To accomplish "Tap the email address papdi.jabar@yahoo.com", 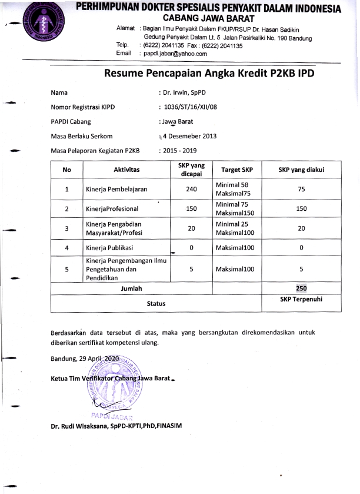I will (x=173, y=54).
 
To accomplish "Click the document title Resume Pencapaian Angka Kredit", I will (x=209, y=74).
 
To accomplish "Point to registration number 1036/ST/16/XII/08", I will (x=191, y=107).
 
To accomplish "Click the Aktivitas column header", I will (x=126, y=170).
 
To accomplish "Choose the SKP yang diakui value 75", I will (x=301, y=189).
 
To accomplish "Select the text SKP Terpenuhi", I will (x=301, y=299).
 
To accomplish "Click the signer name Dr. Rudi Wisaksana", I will (x=125, y=426).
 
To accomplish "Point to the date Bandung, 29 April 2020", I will (x=85, y=359).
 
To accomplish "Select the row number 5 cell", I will (x=66, y=270).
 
